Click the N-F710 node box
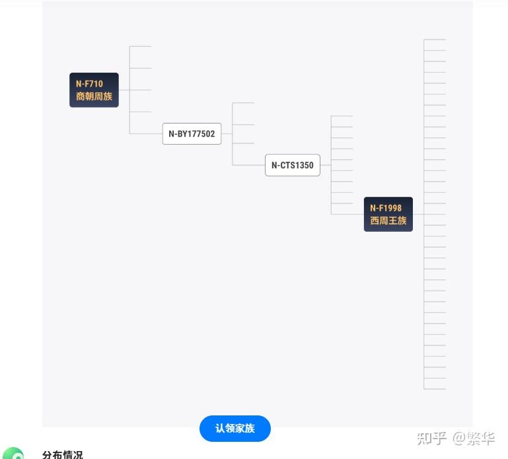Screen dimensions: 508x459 click(x=94, y=90)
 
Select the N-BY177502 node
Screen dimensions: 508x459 click(x=192, y=134)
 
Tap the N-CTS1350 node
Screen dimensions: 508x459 click(x=293, y=165)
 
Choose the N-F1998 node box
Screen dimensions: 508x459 click(x=388, y=215)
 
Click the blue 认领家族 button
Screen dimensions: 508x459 click(x=235, y=429)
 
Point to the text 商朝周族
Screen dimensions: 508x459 click(x=94, y=96)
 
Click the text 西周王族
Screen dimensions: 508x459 click(x=388, y=221)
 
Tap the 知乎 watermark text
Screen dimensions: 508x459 click(x=431, y=439)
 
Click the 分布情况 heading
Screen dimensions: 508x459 click(x=63, y=454)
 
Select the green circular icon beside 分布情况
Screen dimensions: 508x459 click(x=13, y=454)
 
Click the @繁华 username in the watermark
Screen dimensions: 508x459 click(x=474, y=439)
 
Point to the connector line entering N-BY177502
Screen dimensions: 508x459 click(x=146, y=134)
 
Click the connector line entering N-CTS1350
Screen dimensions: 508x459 click(x=248, y=165)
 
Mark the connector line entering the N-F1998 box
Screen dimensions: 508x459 click(x=347, y=215)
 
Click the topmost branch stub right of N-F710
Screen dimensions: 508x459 click(x=140, y=46)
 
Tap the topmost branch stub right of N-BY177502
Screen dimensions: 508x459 click(x=243, y=102)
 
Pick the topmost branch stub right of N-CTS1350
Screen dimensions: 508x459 click(x=342, y=116)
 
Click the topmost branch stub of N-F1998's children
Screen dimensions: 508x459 click(x=435, y=40)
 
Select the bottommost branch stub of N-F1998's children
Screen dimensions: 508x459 click(x=435, y=389)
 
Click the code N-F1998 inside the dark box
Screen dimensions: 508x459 click(x=386, y=208)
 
